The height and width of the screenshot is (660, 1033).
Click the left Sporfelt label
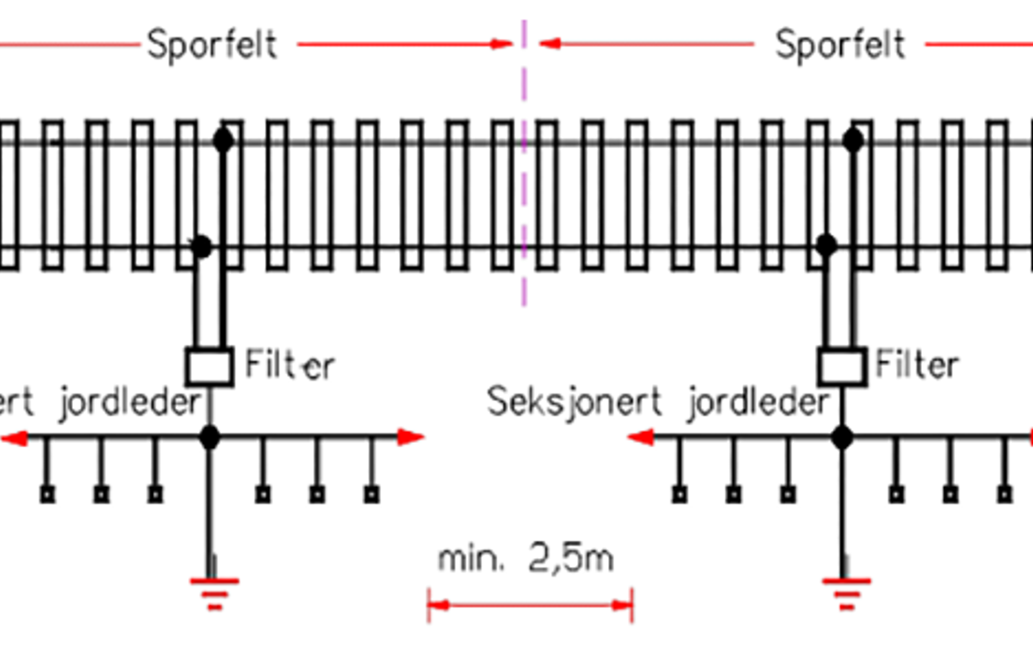click(x=212, y=45)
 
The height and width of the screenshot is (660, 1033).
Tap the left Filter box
click(x=210, y=366)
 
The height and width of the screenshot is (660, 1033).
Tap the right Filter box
click(x=842, y=366)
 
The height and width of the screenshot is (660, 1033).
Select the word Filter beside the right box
click(x=917, y=365)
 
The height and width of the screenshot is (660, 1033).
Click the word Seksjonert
click(x=574, y=402)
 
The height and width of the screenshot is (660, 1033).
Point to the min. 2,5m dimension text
click(x=526, y=559)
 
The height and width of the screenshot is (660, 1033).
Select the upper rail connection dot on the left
click(x=223, y=140)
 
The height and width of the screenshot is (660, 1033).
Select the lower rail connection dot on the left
click(x=201, y=246)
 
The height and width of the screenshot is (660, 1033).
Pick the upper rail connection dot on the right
click(x=853, y=139)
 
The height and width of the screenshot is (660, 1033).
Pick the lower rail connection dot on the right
click(x=826, y=245)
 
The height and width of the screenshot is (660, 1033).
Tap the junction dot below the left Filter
click(x=209, y=438)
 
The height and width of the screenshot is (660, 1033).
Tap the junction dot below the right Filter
click(x=842, y=438)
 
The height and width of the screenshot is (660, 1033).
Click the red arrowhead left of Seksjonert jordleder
click(x=640, y=437)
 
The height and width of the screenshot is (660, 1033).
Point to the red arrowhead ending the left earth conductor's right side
click(x=411, y=437)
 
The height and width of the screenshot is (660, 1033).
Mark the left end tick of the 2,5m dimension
click(x=429, y=605)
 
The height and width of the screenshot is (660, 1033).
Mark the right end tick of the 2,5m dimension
click(x=631, y=605)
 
